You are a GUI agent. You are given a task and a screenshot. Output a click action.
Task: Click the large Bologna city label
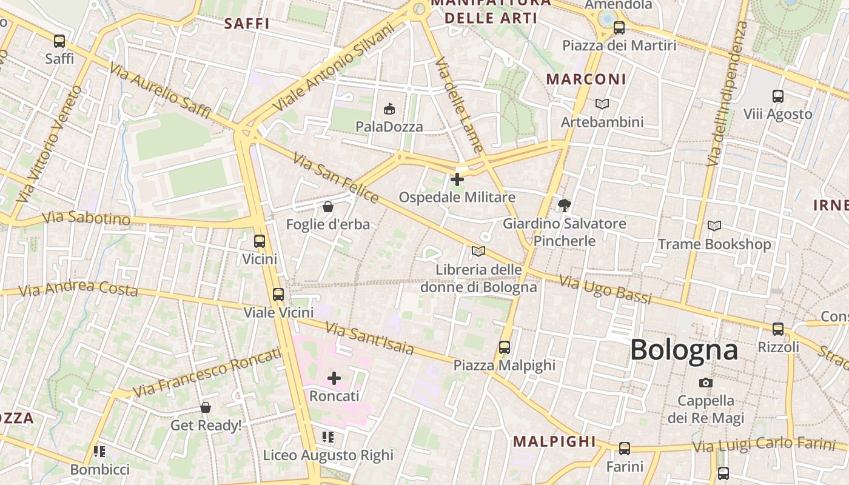684,350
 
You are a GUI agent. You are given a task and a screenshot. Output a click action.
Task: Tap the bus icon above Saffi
59,41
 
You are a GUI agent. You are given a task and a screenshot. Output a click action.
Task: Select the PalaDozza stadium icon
389,109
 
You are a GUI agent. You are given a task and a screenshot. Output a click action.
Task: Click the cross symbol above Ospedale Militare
457,179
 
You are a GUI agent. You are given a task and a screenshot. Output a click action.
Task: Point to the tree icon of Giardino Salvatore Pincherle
564,205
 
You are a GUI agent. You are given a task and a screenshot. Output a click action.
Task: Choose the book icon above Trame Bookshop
714,226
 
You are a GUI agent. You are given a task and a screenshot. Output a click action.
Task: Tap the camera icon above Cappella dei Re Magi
705,383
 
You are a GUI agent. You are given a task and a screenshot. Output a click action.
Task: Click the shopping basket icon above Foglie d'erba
328,207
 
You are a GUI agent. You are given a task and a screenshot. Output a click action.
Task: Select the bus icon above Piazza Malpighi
505,347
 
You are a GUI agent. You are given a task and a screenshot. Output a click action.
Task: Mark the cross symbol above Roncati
334,378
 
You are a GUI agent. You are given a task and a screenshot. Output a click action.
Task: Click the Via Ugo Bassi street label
605,290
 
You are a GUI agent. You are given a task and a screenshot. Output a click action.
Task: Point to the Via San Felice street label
335,178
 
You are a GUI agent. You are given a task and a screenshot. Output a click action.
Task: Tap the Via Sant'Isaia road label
369,338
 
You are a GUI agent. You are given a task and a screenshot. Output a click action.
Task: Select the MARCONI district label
586,79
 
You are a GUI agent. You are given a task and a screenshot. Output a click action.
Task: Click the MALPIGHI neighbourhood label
554,441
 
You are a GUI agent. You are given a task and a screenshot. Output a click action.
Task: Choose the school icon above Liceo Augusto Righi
328,437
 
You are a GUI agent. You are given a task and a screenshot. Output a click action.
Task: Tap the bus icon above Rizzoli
778,329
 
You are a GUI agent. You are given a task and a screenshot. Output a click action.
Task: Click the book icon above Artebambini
602,104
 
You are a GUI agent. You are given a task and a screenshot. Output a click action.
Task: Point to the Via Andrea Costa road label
78,289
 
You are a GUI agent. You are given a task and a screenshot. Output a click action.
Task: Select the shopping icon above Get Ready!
206,407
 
